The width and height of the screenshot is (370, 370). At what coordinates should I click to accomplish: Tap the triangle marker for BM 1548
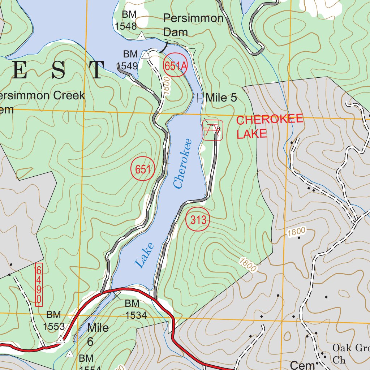coord(141,35)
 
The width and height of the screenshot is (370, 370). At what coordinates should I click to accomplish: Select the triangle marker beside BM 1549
coord(146,55)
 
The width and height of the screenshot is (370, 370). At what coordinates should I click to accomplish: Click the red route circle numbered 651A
coord(176,66)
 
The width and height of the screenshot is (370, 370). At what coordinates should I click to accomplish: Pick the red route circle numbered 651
coord(143,169)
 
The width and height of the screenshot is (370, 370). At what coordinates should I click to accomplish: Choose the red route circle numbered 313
coord(198,220)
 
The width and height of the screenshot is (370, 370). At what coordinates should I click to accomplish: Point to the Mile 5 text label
coord(221,98)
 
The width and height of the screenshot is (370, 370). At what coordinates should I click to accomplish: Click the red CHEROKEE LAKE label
coord(269,127)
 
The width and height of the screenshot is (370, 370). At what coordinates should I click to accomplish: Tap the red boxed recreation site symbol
coord(212,130)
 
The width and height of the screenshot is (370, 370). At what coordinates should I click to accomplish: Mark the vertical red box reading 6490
coord(39,285)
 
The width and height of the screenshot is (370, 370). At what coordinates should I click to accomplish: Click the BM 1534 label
coord(136,309)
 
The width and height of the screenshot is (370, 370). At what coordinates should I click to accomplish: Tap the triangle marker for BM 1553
coord(61,340)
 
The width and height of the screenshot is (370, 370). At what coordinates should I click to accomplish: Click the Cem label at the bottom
coord(302,365)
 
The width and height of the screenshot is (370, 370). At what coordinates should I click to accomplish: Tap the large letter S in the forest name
coord(58,70)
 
